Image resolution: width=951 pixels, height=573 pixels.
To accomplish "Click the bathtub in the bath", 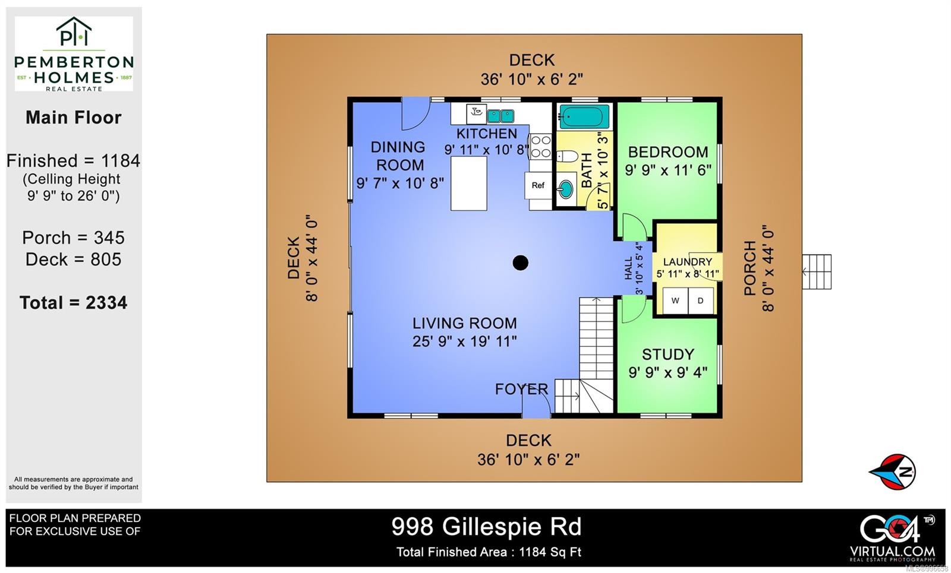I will click(584, 116).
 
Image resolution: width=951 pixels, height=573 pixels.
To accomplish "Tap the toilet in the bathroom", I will click(567, 157).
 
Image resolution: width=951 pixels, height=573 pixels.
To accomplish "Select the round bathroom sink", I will click(566, 189).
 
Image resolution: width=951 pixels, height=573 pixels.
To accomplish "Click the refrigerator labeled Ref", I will click(539, 185).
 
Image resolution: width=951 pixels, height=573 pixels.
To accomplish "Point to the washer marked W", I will click(675, 300).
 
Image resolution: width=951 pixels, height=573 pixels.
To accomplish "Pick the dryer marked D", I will click(701, 300).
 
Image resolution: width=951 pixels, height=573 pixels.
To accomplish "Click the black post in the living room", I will click(521, 262).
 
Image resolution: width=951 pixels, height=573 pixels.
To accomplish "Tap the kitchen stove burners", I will click(541, 147).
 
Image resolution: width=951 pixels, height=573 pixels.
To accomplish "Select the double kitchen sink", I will click(500, 116).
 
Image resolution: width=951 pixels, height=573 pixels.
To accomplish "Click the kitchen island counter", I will click(469, 183).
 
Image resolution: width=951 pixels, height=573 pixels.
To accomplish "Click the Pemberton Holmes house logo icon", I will click(74, 32).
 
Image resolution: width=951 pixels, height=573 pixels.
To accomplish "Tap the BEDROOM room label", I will click(668, 152).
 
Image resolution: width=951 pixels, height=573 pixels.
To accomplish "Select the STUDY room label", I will click(668, 354).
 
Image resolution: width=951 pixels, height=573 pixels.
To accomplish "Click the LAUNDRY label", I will click(688, 262).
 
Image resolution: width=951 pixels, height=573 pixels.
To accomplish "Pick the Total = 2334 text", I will click(74, 303).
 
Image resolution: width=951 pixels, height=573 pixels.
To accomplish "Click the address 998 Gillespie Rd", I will click(486, 527).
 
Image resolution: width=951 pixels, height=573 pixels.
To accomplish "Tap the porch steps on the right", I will click(817, 272).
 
